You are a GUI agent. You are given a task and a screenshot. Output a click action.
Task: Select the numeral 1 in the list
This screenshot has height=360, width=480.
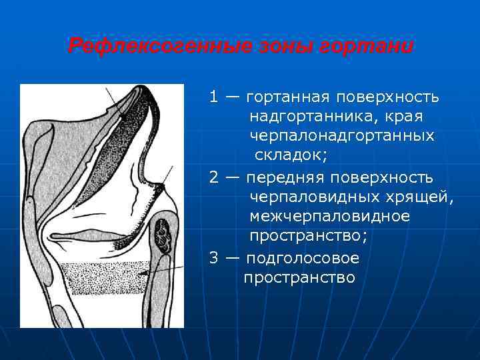213,97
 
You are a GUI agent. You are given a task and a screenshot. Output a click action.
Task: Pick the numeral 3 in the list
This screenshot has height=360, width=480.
213,258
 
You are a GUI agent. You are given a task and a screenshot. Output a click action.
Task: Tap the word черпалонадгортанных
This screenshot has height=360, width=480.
341,137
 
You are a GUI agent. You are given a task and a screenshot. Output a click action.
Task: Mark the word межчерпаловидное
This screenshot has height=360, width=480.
329,217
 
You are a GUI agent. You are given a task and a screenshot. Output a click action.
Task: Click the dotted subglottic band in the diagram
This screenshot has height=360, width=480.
100,279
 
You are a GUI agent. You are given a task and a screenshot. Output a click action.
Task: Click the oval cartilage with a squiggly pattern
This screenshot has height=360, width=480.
163,233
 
